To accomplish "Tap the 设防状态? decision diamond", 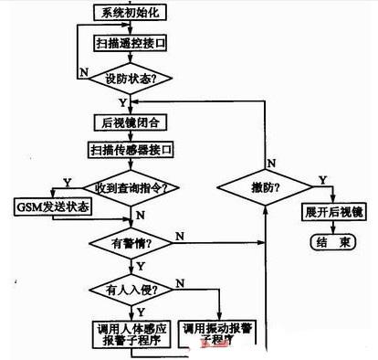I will click(133, 79).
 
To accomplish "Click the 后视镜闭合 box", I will click(133, 121).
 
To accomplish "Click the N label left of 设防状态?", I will click(84, 70).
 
